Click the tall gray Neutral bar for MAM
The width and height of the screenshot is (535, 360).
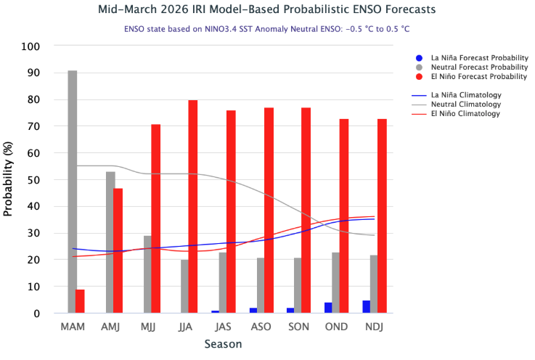point(73,192)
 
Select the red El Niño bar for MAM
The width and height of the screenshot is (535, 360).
point(80,301)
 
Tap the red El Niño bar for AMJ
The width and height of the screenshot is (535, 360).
point(118,250)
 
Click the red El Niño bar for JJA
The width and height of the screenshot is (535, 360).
point(193,206)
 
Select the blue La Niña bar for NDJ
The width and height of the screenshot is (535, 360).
point(366,307)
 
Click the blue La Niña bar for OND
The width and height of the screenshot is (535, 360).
point(328,308)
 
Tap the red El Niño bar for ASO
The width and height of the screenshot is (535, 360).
point(269,210)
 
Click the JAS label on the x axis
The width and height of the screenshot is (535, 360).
point(224,327)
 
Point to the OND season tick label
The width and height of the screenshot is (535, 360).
point(337,327)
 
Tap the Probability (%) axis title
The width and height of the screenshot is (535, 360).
point(9,179)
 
